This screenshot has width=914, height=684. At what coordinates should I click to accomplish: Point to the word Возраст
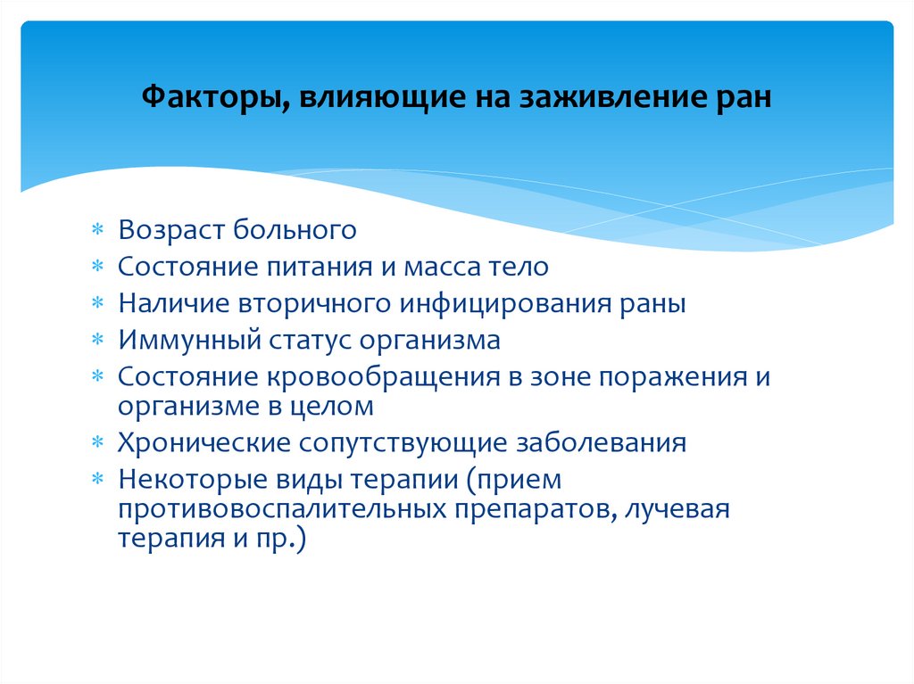pyautogui.click(x=170, y=230)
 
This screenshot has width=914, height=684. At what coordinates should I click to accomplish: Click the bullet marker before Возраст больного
pyautogui.click(x=99, y=231)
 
